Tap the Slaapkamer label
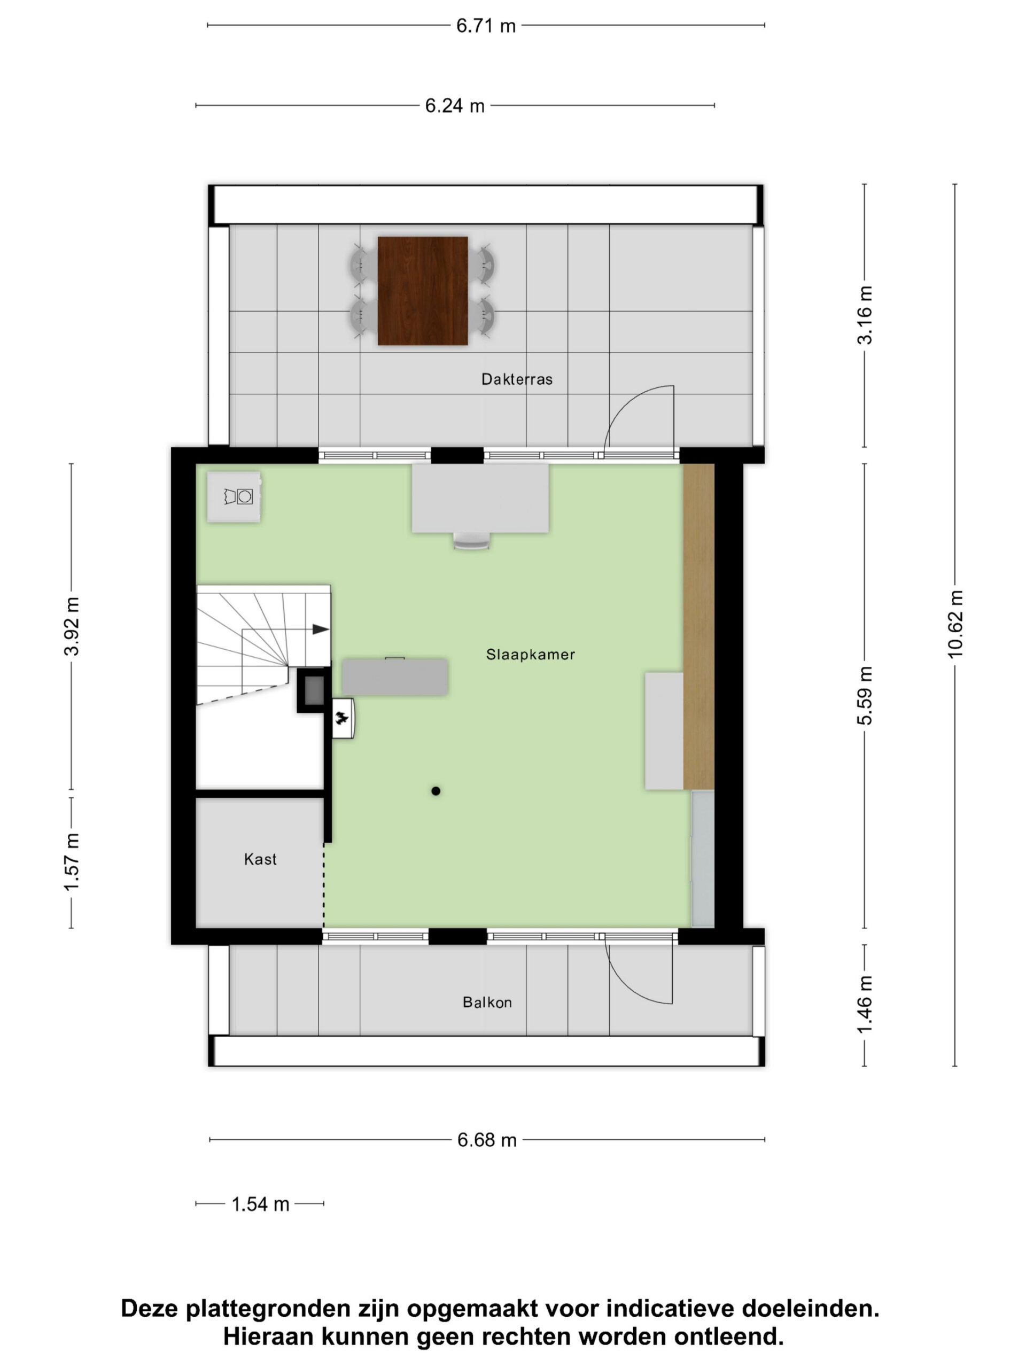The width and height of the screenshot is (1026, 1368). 530,654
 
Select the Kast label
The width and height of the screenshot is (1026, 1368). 260,859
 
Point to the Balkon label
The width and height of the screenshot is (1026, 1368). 487,1002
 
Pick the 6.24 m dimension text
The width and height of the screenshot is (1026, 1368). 455,106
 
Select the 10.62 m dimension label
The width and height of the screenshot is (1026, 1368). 955,625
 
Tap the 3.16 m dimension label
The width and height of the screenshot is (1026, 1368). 865,315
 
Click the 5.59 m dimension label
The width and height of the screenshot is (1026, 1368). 865,695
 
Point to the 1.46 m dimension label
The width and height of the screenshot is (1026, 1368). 865,1004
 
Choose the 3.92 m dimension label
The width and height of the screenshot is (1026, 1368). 72,626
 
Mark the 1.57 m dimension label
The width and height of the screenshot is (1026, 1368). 72,862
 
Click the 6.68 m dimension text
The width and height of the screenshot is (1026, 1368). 487,1140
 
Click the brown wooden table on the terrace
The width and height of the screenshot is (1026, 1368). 422,291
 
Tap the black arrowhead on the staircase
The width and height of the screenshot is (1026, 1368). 320,629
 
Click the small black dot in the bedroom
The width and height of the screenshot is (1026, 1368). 436,791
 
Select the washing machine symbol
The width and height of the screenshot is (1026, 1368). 234,497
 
